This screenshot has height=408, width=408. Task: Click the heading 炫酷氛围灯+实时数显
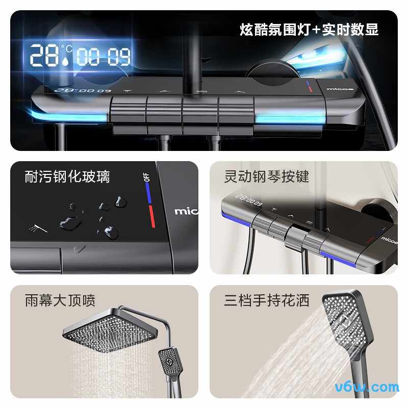[x=309, y=30]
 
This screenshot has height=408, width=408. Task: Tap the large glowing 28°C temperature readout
[x=51, y=55]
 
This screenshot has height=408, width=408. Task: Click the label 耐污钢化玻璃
[x=67, y=177]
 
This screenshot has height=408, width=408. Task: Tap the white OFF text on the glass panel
[x=147, y=177]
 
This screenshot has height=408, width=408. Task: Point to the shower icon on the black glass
[x=39, y=228]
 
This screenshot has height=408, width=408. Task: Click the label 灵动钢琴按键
[x=267, y=177]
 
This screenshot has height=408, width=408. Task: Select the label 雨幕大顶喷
[x=60, y=300]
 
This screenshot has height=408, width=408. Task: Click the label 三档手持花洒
[x=267, y=300]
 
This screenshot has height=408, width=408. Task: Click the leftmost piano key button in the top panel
[x=127, y=108]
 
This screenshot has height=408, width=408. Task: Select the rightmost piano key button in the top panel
[x=236, y=108]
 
